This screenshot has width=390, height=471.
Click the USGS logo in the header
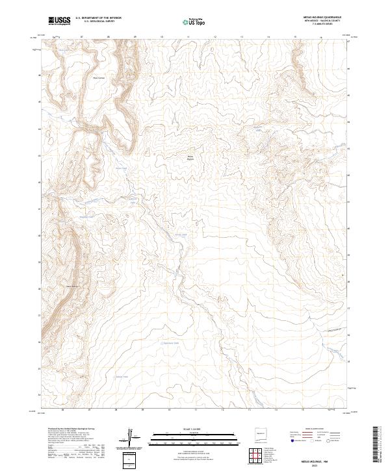[59, 21]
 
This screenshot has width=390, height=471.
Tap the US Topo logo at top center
[194, 21]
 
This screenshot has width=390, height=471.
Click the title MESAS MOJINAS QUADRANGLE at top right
[322, 18]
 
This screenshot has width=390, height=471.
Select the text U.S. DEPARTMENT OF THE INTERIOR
[98, 18]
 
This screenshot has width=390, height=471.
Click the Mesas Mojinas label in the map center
[190, 157]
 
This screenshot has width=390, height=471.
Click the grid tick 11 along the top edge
[188, 38]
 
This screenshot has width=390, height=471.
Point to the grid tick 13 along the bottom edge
[249, 411]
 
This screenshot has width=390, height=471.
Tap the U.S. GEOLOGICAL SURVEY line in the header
[98, 21]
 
